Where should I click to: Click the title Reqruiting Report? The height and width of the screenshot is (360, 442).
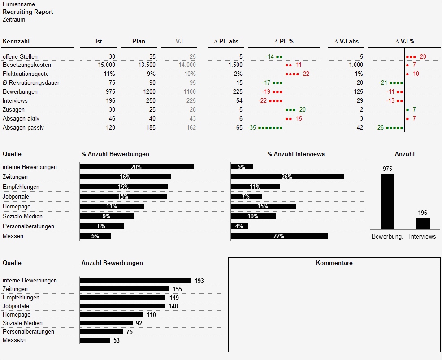[x=28, y=12]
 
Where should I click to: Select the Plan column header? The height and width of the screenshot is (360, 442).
[x=139, y=42]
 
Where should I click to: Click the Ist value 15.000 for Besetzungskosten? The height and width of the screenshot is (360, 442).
[x=106, y=65]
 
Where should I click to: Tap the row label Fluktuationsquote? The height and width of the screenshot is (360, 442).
[x=26, y=74]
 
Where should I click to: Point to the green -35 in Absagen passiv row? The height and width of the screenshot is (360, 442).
[x=252, y=128]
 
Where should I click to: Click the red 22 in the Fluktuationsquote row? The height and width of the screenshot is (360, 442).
[x=306, y=74]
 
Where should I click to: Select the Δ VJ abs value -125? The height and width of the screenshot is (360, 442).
[x=357, y=92]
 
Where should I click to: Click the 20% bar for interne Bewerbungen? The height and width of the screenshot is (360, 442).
[x=137, y=167]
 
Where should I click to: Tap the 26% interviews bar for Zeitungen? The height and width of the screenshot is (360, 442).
[x=287, y=177]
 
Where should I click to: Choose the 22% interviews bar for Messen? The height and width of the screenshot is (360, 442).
[x=279, y=236]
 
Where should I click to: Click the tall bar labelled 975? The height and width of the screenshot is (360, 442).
[x=387, y=202]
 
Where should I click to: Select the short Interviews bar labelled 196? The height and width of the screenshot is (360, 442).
[x=422, y=224]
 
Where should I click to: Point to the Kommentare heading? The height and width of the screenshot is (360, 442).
[x=334, y=263]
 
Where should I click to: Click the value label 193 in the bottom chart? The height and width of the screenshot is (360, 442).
[x=199, y=281]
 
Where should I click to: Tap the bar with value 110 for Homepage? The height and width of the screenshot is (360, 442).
[x=112, y=315]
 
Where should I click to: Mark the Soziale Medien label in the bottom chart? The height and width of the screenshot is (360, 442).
[x=22, y=323]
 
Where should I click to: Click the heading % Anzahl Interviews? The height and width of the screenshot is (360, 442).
[x=296, y=154]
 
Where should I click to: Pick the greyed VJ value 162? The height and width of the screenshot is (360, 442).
[x=191, y=128]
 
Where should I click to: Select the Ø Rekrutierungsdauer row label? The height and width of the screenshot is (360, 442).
[x=31, y=83]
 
